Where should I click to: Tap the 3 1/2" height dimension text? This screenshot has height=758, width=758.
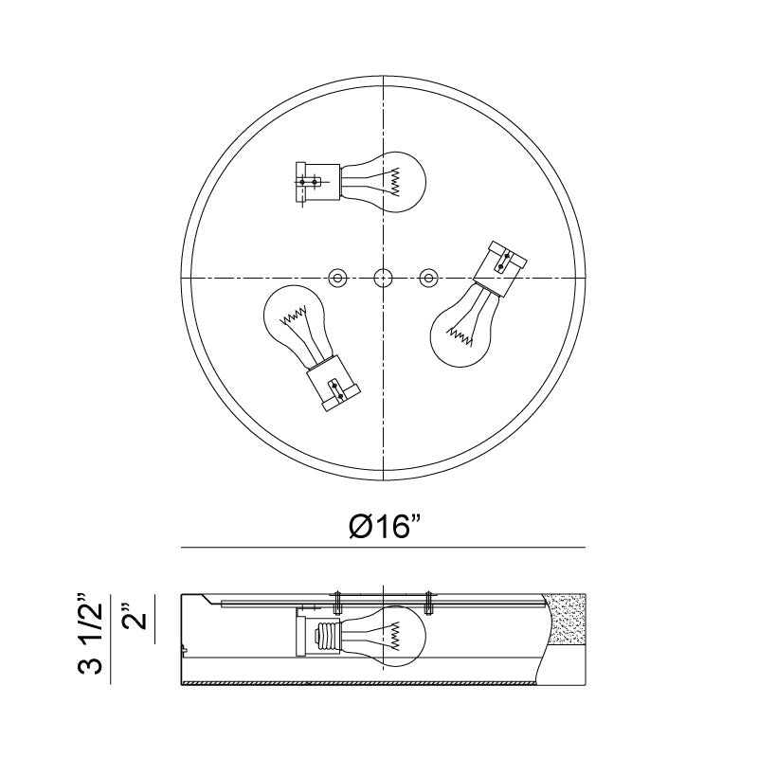[x=90, y=632]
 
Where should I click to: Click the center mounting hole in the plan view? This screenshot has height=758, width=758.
[x=384, y=278]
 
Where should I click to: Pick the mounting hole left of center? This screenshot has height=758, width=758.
[x=337, y=278]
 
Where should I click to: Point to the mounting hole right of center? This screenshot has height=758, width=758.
[x=428, y=278]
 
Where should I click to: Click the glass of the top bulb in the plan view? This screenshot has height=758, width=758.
[x=387, y=182]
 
